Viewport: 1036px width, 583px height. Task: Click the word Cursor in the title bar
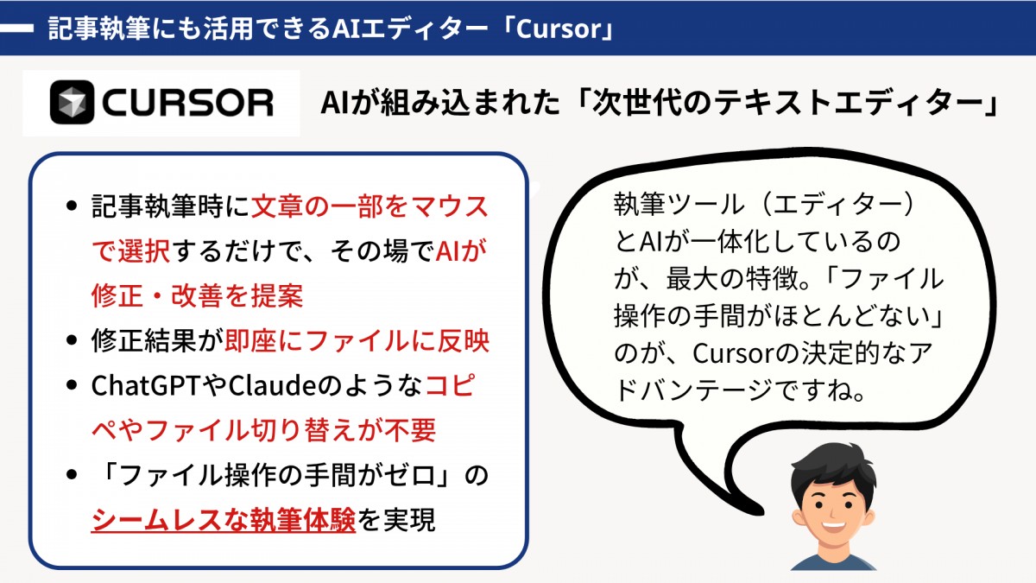[559, 29]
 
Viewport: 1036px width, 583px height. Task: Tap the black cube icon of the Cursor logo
[73, 102]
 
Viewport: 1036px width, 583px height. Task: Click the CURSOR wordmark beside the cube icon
[188, 102]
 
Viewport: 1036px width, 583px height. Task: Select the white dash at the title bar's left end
[16, 29]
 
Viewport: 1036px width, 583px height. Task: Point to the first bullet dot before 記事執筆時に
[71, 206]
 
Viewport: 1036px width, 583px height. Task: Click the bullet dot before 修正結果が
[71, 340]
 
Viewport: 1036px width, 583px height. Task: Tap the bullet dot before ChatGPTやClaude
[71, 385]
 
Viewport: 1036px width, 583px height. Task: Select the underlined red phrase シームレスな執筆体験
[224, 520]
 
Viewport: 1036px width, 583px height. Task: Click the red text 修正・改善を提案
[198, 295]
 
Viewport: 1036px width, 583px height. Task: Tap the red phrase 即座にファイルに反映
[357, 341]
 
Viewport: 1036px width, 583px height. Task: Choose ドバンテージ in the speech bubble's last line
[692, 391]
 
